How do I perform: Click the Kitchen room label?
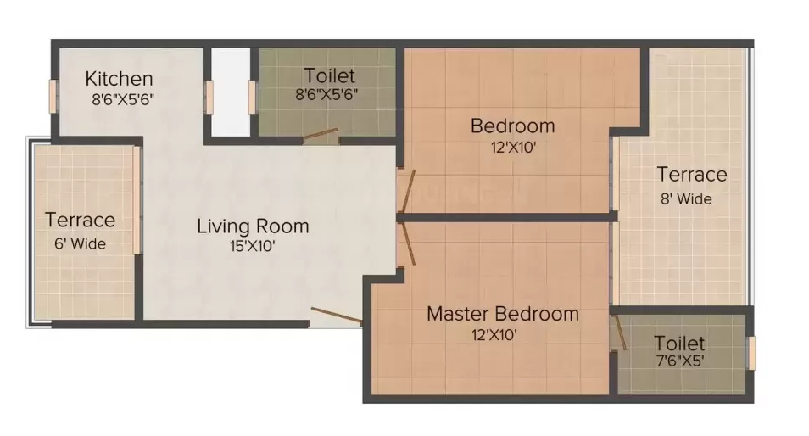[119, 79]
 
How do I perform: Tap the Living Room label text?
[253, 226]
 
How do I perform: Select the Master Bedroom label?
[502, 314]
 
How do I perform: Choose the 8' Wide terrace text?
[685, 199]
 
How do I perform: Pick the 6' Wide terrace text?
[80, 243]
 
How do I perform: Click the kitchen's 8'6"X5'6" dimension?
[123, 98]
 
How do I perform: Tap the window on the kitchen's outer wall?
[53, 95]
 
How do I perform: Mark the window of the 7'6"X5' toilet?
[749, 352]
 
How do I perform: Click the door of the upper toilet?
[322, 134]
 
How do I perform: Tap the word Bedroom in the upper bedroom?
[512, 126]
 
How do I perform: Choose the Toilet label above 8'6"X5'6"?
[330, 76]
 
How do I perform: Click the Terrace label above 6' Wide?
[80, 221]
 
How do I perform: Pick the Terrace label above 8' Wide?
[692, 175]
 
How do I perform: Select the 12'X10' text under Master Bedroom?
[495, 334]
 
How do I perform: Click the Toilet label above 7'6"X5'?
[679, 344]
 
